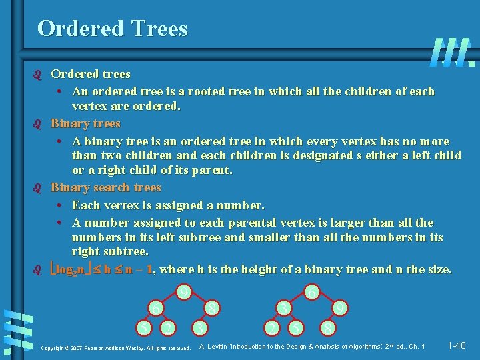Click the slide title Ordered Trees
(x=113, y=28)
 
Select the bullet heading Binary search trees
(x=106, y=187)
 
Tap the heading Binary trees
(x=85, y=123)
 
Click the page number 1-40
(x=457, y=345)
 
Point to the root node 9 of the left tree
(x=184, y=291)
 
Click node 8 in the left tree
(x=211, y=308)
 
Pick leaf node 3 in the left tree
(x=199, y=328)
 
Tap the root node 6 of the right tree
(x=311, y=291)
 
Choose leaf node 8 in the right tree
(x=327, y=328)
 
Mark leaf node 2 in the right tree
(x=271, y=328)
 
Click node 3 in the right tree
(x=284, y=308)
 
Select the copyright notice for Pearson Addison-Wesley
(x=115, y=348)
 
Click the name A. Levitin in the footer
(x=214, y=346)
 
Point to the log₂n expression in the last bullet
(x=69, y=270)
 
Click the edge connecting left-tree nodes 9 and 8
(x=198, y=300)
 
